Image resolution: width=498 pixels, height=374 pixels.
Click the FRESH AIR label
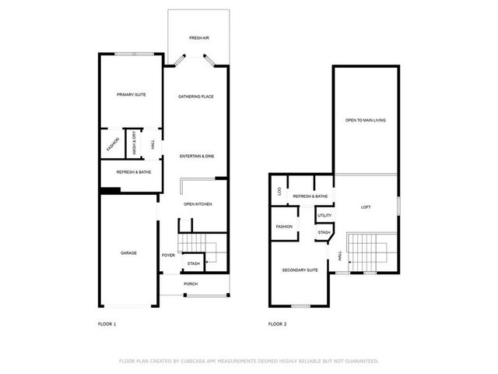coord(198,38)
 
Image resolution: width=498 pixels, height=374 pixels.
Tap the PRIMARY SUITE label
coord(132,95)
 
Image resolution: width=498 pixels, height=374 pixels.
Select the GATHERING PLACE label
coord(196,97)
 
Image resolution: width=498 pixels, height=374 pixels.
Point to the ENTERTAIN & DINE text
coord(197,157)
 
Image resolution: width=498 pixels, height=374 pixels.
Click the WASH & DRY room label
coord(135,144)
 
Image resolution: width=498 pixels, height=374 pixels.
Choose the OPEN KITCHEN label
coord(198,204)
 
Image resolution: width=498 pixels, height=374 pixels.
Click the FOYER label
coord(168,255)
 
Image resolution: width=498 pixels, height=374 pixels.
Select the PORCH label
coord(191,284)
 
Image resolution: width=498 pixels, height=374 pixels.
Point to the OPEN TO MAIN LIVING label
coord(366,120)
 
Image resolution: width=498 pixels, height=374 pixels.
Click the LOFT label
coord(366,206)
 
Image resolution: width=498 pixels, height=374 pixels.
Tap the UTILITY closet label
coord(324,215)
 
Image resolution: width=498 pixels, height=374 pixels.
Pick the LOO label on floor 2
coord(279,191)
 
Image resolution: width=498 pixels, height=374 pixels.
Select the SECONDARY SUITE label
coord(300,270)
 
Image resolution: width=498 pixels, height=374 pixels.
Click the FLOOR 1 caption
coord(107,323)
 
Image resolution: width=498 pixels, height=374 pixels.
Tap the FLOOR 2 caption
coord(278,323)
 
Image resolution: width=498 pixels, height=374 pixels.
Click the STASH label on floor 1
coord(194,263)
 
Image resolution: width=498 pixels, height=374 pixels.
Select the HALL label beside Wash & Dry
coord(153,144)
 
